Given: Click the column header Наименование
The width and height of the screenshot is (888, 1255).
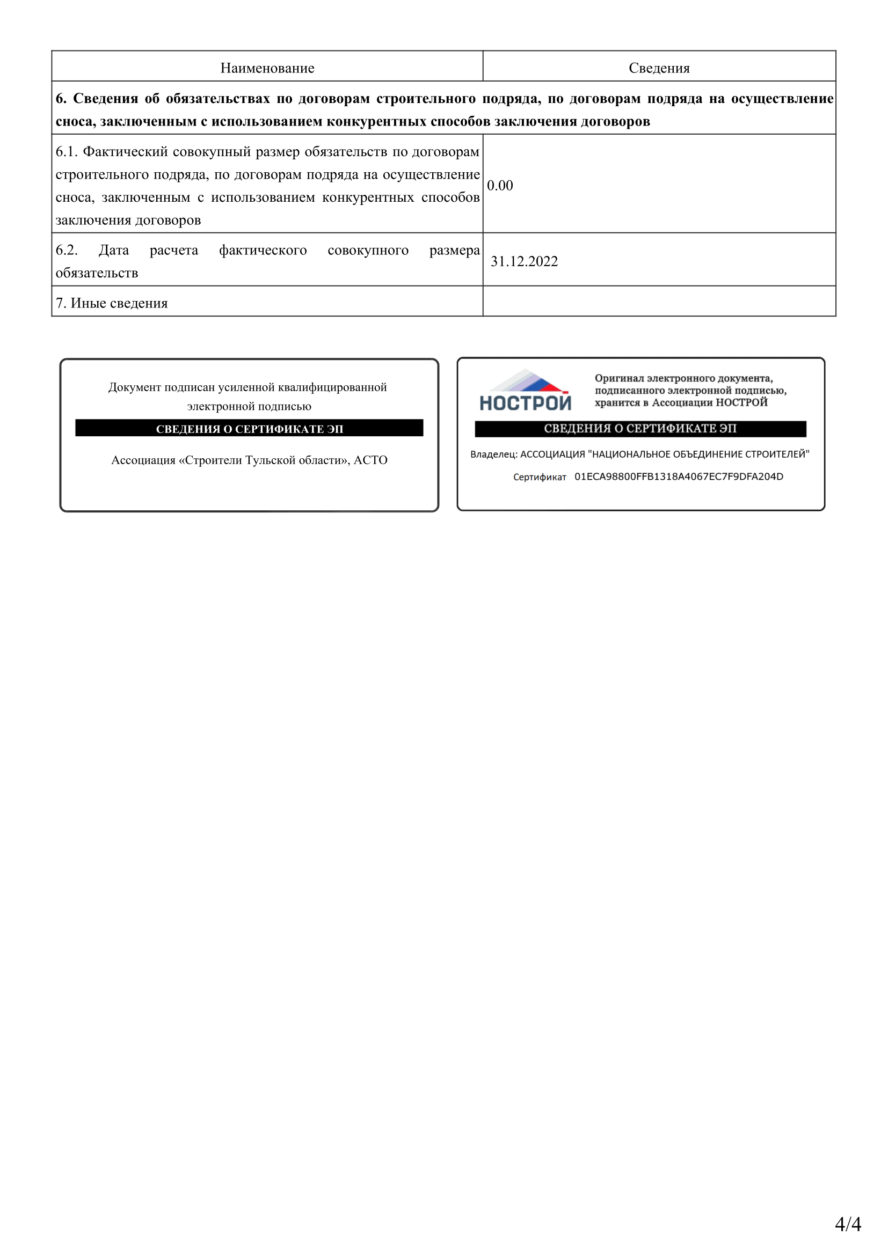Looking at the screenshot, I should click(267, 68).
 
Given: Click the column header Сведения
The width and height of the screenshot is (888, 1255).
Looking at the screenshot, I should click(659, 68).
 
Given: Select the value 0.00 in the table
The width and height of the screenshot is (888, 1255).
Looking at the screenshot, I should click(500, 185).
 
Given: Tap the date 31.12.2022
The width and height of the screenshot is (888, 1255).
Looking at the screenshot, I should click(524, 261).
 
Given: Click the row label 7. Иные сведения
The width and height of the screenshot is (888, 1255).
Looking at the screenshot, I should click(112, 303).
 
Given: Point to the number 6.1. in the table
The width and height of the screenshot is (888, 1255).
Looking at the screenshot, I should click(67, 151).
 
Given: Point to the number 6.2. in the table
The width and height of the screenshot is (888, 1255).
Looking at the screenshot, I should click(67, 250).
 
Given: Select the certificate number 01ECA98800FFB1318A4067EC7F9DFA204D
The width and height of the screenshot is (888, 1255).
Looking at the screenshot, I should click(679, 476).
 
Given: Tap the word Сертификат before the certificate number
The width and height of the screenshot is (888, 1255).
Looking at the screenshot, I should click(539, 477).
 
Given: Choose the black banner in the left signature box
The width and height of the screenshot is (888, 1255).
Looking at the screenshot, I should click(249, 428).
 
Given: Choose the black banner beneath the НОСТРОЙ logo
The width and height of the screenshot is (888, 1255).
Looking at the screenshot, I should click(640, 429).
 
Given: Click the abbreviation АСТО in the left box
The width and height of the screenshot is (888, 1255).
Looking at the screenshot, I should click(371, 460).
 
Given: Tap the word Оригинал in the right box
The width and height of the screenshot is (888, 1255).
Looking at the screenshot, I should click(619, 378).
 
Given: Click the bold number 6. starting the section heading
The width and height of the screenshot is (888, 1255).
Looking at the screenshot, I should click(61, 98).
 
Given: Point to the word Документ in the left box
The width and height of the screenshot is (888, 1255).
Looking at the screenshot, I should click(135, 387).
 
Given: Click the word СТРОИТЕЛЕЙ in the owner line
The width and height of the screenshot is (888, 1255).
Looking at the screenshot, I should click(776, 454).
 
